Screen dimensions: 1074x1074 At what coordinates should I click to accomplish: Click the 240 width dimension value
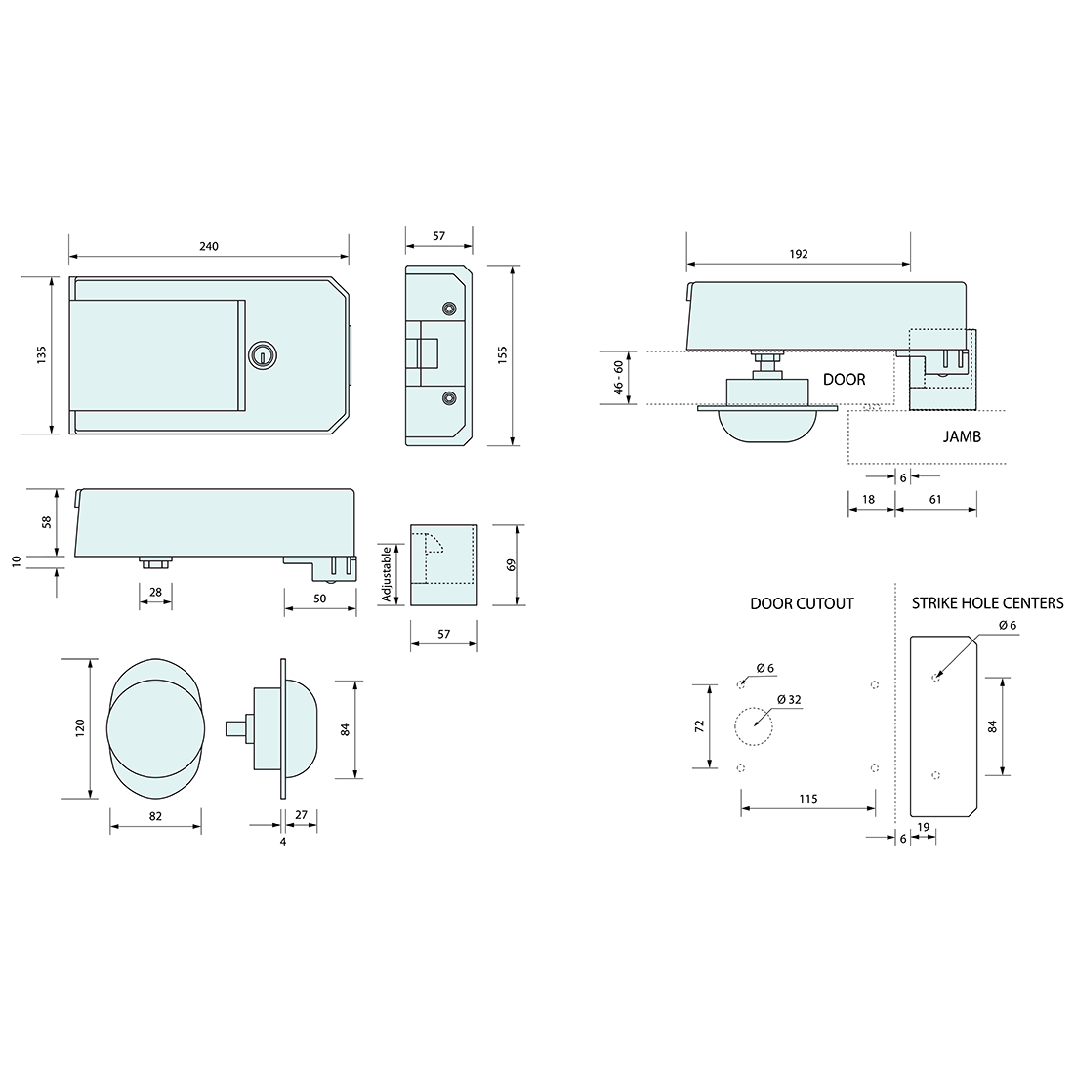point(208,247)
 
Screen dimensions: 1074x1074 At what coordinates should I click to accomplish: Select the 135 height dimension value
point(41,354)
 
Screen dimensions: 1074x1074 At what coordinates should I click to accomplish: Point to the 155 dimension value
point(502,354)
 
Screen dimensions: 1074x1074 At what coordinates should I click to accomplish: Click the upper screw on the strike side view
point(449,309)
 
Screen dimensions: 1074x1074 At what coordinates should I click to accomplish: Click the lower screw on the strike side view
point(449,397)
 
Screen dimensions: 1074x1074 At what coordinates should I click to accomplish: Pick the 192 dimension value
point(799,254)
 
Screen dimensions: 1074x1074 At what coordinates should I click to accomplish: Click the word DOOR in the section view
point(844,380)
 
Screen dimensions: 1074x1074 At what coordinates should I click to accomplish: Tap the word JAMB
point(962,436)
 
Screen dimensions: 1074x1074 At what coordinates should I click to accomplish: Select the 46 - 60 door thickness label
point(618,378)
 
